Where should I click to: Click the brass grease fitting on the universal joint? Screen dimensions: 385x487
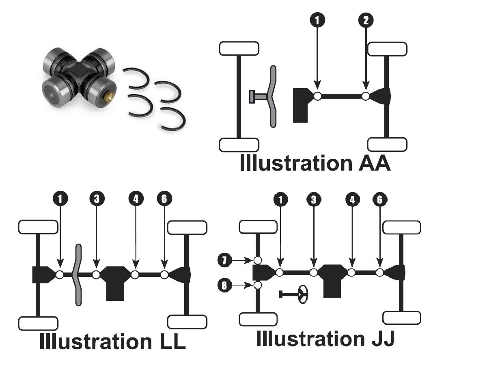coord(108,97)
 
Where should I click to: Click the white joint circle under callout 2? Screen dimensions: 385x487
coord(366,96)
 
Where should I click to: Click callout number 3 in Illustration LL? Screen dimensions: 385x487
coord(97,199)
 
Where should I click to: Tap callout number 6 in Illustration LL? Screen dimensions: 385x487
coord(164,199)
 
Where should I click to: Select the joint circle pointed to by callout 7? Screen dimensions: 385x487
coord(257,260)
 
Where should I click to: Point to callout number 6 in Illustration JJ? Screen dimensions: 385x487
coord(379,199)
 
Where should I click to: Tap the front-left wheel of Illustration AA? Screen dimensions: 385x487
coord(239,48)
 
